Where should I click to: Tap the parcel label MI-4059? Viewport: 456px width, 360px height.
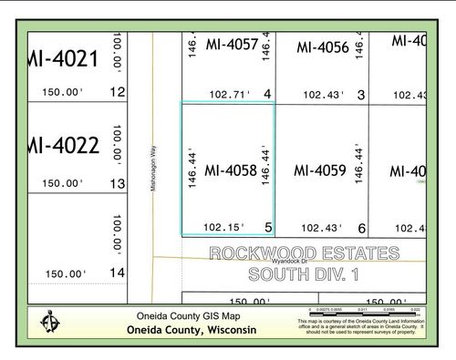coord(319,170)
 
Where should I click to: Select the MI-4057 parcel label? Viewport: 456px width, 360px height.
coord(233,44)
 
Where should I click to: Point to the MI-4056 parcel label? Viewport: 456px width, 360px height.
coord(323,47)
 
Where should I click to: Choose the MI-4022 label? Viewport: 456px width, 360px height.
coord(63,146)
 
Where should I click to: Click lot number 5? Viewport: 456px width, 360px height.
coord(268,227)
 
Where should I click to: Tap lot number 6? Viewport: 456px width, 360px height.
coord(361,229)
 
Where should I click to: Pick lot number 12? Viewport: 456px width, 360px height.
coord(117,92)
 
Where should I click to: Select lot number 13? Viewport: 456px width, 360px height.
coord(117,183)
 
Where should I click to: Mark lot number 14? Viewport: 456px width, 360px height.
coord(117,273)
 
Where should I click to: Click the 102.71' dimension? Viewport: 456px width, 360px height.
coord(229,94)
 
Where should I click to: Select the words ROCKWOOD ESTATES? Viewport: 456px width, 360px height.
coord(304,252)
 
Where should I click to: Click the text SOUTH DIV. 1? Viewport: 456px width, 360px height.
coord(304,273)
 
